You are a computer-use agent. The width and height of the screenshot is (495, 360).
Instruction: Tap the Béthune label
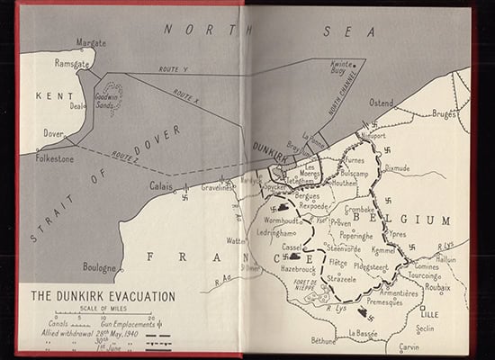point(322,341)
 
